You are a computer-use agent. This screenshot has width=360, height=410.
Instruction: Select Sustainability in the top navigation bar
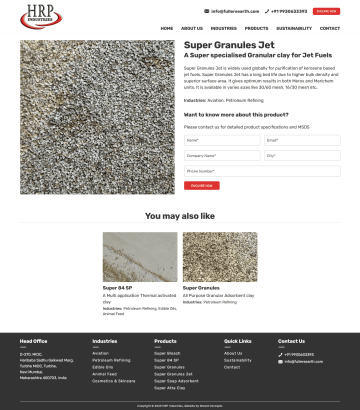click(294, 29)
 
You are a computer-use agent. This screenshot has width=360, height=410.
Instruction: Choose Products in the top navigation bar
click(256, 29)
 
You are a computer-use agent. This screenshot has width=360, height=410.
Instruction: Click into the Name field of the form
click(220, 141)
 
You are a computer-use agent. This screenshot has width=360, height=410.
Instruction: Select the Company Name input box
click(220, 156)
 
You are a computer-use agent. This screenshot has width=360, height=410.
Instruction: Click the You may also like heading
click(180, 216)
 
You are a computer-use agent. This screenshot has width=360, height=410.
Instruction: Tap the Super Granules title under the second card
click(201, 288)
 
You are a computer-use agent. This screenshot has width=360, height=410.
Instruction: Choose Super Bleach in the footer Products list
click(167, 353)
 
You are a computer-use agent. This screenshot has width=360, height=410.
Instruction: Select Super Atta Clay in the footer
click(169, 388)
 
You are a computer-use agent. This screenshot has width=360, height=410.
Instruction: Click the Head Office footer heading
click(34, 341)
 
